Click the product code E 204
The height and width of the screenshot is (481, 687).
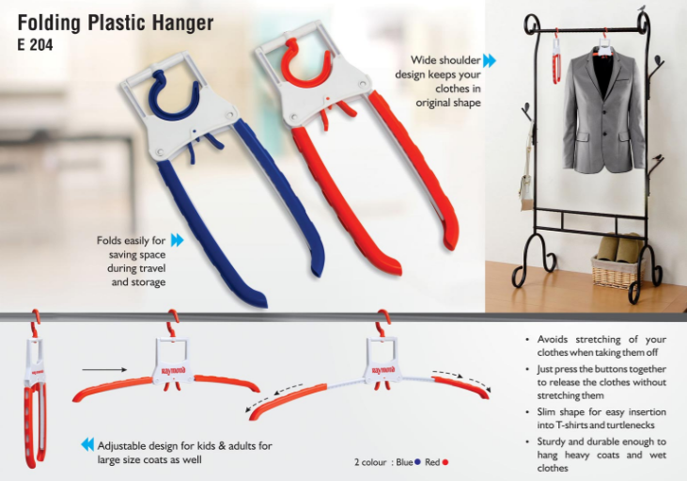[x=35, y=45]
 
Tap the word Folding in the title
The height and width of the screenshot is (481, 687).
[x=49, y=24]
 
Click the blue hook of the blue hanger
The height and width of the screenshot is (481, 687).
[x=174, y=96]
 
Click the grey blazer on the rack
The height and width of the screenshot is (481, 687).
[x=603, y=111]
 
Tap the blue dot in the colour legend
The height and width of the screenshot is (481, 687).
[x=417, y=462]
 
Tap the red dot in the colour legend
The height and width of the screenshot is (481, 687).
[x=445, y=462]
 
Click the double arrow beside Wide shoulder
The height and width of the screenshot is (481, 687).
[x=490, y=60]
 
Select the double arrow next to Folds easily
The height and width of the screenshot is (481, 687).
[x=177, y=240]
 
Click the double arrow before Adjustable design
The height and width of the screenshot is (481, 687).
[x=87, y=444]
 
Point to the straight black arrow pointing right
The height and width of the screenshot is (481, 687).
[x=104, y=370]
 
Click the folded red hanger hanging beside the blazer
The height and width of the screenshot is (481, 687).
[x=556, y=57]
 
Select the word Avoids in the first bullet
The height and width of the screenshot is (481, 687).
[x=552, y=339]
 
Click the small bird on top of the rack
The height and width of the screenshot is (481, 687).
[x=643, y=8]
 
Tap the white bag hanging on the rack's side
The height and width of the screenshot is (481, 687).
[x=526, y=189]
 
